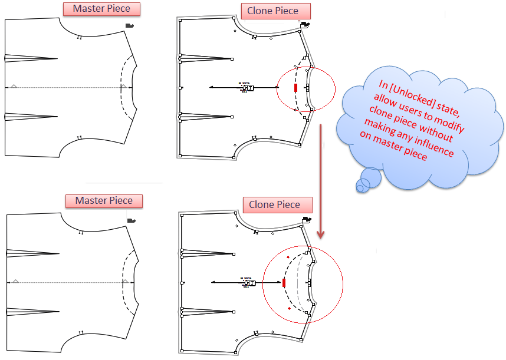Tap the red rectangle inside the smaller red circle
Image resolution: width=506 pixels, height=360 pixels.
click(295, 88)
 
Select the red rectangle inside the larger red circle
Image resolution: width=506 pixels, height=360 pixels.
click(284, 283)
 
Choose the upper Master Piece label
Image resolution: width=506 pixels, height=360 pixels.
click(101, 9)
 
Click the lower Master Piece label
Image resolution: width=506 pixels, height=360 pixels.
click(104, 201)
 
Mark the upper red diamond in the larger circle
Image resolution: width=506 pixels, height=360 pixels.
click(288, 257)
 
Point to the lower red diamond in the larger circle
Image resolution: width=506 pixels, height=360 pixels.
click(289, 308)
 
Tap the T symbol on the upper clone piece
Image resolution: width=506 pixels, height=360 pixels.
click(251, 88)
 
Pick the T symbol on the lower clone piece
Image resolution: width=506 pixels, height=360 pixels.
click(252, 283)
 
